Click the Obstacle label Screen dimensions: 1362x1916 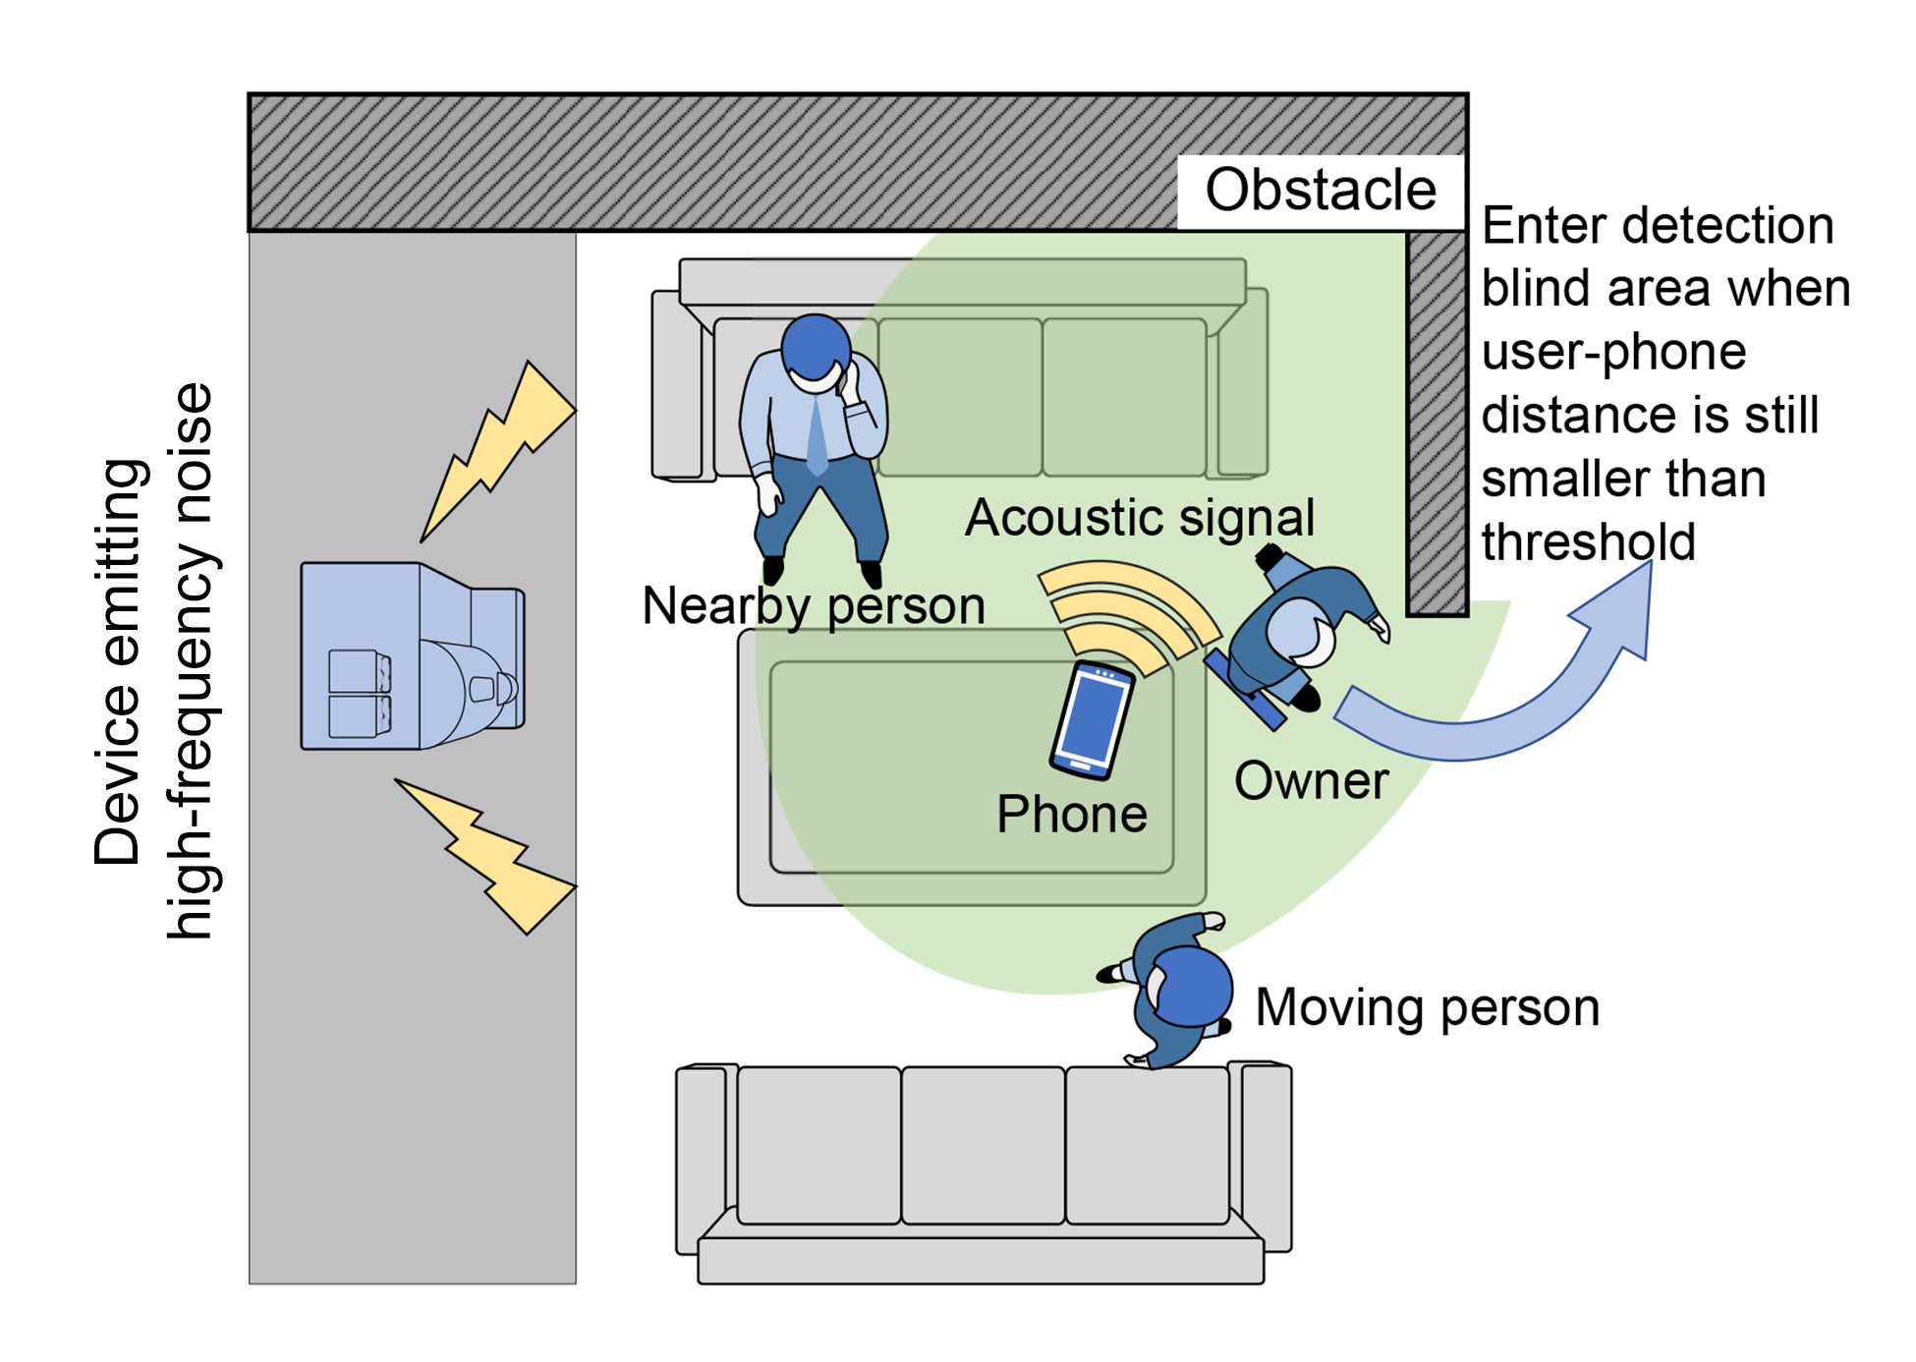[1320, 190]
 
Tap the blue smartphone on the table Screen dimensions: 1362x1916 [1093, 719]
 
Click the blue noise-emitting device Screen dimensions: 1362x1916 [413, 656]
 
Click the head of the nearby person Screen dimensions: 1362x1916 [816, 347]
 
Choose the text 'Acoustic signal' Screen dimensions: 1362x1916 [1140, 518]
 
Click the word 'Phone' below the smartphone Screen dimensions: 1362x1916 [1071, 815]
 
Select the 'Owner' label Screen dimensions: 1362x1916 [1311, 781]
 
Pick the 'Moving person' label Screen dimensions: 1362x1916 [1427, 1008]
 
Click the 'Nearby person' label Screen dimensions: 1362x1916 [813, 605]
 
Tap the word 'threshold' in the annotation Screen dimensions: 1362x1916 [1588, 542]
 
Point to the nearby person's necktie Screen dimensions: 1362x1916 [817, 432]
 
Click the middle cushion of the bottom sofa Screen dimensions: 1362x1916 [983, 1145]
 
